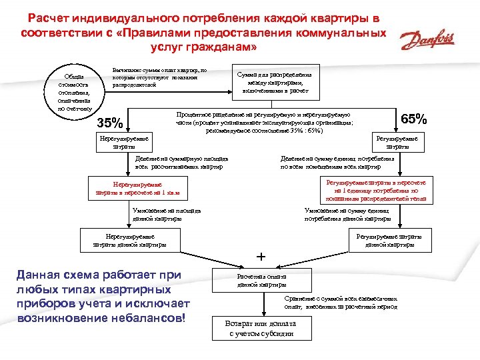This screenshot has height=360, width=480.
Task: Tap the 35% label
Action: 110,123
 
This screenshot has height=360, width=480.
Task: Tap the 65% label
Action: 414,119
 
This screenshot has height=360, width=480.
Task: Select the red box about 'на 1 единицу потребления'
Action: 376,190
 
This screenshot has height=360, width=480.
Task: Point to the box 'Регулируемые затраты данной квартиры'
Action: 389,240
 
